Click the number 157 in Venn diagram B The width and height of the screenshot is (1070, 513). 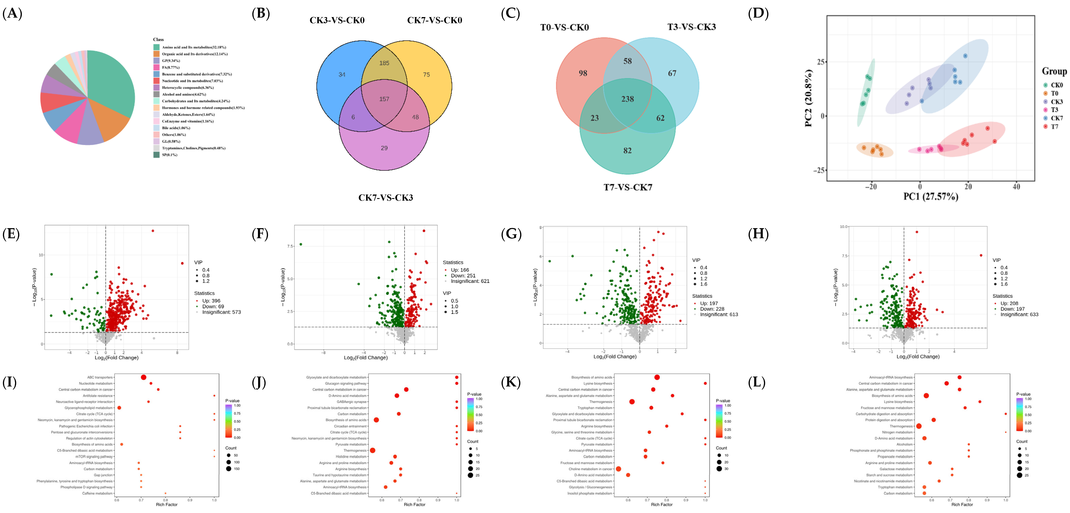384,99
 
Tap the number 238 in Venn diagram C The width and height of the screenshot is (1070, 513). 627,99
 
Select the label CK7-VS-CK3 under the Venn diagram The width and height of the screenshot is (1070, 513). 385,197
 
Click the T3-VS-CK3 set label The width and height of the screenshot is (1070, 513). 691,27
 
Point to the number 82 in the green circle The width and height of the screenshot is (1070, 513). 627,150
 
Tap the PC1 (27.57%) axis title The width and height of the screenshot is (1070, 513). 930,196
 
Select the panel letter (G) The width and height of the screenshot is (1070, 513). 511,234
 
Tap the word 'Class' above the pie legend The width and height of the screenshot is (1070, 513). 158,39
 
